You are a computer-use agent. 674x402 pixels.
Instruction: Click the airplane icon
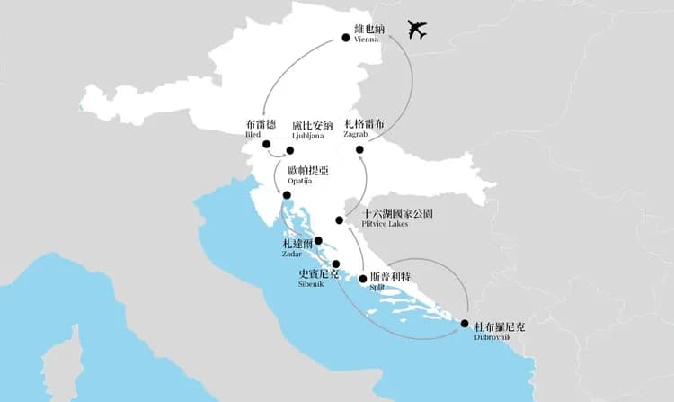coord(416,30)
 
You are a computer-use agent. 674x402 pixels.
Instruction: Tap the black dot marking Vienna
coord(346,38)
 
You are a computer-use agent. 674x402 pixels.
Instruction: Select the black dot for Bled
coord(266,144)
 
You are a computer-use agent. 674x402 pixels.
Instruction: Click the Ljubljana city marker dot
coord(290,150)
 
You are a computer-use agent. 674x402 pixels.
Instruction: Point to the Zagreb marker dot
coord(359,149)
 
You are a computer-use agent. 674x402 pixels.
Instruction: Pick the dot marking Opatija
coord(287,195)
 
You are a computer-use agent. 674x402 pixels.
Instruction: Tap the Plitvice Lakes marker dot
coord(339,219)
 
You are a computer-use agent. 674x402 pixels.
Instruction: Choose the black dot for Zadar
coord(318,240)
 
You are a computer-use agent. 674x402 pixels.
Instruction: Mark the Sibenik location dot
coord(336,264)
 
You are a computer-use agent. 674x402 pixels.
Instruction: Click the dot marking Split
coord(363,279)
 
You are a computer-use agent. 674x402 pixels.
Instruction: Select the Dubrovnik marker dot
coord(465,324)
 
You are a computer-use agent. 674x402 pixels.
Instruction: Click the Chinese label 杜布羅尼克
coord(499,327)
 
